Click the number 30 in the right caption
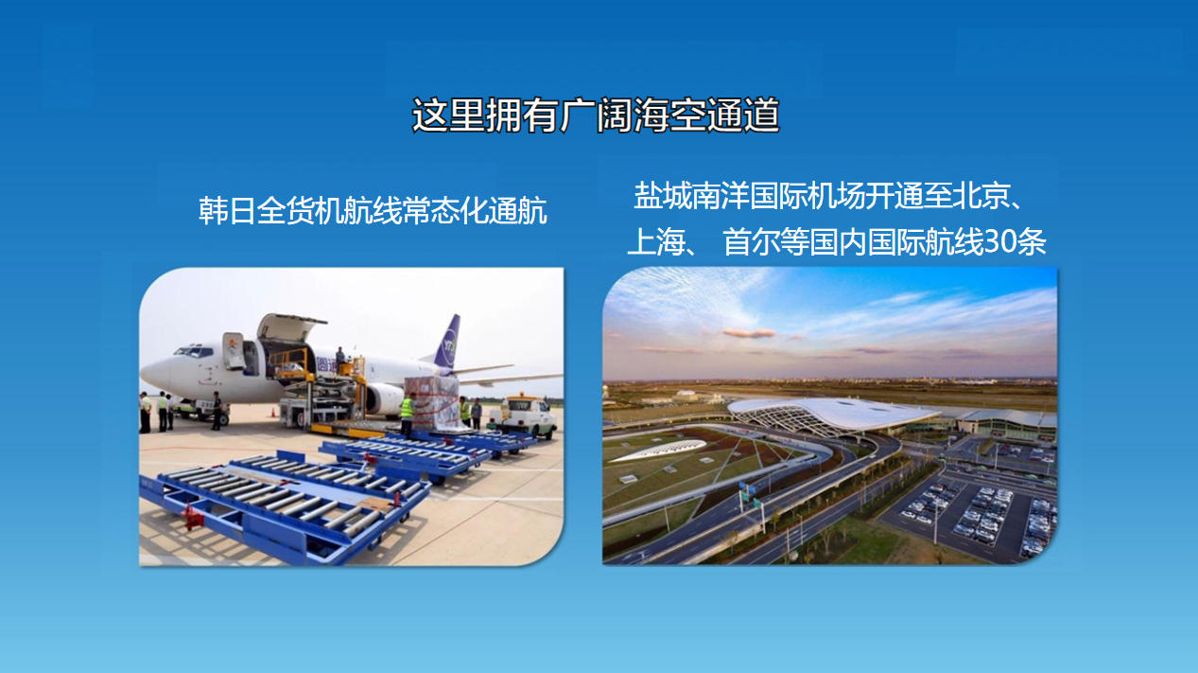[1000, 242]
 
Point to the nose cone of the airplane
[152, 372]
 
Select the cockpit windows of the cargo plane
[193, 352]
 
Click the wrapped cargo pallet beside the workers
[433, 403]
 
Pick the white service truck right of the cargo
[524, 416]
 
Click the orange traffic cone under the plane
[272, 413]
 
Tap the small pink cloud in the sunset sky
[749, 333]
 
